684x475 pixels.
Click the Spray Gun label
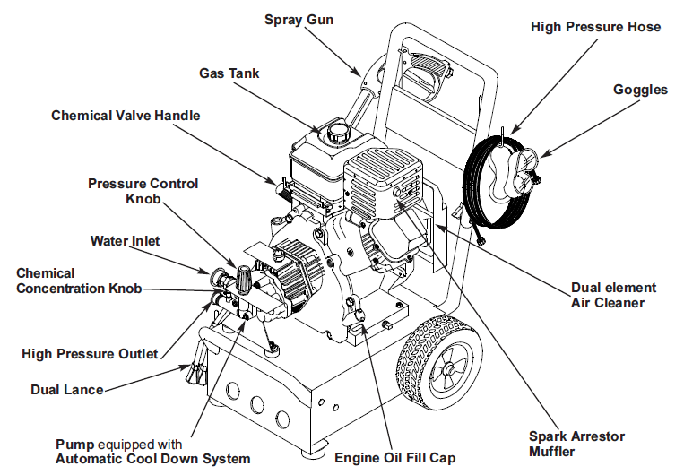(299, 20)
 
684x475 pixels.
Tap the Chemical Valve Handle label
(126, 116)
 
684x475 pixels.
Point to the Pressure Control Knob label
(143, 191)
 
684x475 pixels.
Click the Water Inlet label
(126, 241)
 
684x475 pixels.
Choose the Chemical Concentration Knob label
(80, 281)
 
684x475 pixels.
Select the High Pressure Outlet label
(90, 354)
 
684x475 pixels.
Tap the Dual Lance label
(66, 390)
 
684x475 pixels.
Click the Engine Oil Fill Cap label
(394, 458)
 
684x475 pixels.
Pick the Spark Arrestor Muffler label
(576, 444)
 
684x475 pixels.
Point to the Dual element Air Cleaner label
(613, 295)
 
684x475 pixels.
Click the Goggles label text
(640, 90)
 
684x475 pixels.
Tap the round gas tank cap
(338, 133)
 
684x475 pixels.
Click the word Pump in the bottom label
(74, 445)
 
